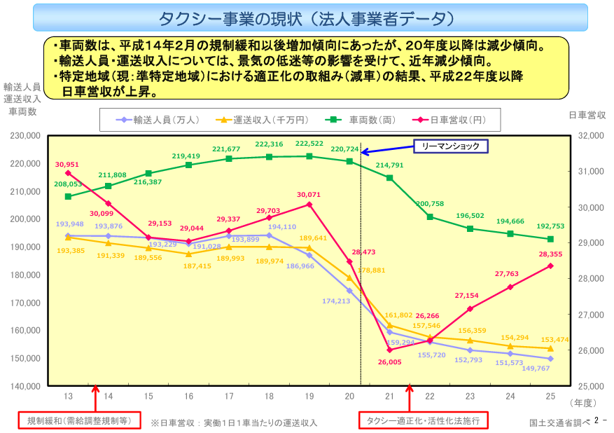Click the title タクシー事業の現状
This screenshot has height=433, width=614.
[x=306, y=18]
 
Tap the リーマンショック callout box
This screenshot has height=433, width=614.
[x=450, y=146]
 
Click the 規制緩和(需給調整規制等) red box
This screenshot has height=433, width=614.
[x=78, y=420]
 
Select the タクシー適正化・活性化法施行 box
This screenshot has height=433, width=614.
[x=423, y=420]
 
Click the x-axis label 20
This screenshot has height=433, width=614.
[x=350, y=397]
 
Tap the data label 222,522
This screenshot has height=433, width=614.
[x=309, y=144]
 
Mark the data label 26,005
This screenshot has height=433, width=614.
[x=390, y=362]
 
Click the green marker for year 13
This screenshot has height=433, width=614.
[x=68, y=196]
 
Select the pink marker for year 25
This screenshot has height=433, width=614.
[x=550, y=266]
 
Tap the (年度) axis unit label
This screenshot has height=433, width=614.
[x=581, y=402]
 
